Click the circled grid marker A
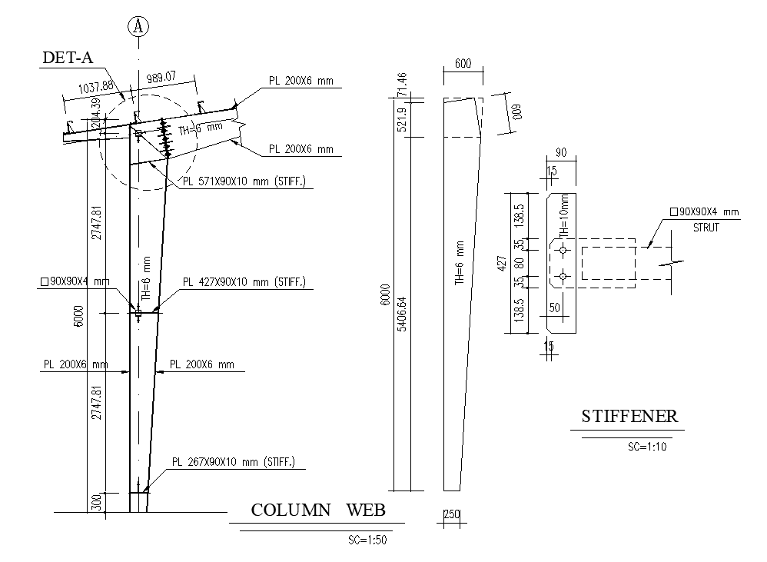[138, 26]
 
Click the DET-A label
[68, 58]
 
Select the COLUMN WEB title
[318, 510]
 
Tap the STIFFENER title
[629, 416]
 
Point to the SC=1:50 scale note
[367, 540]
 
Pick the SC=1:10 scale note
[647, 447]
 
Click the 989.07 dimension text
[161, 78]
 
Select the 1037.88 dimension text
[96, 87]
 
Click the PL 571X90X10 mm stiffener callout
[244, 181]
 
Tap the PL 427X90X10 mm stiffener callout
[244, 282]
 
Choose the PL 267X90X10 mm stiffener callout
[234, 462]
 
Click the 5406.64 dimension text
[402, 314]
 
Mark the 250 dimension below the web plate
[451, 514]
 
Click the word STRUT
[706, 228]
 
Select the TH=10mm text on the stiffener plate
[564, 216]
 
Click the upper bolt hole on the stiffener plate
[563, 251]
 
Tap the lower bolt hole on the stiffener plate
[563, 276]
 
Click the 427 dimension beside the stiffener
[501, 264]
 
